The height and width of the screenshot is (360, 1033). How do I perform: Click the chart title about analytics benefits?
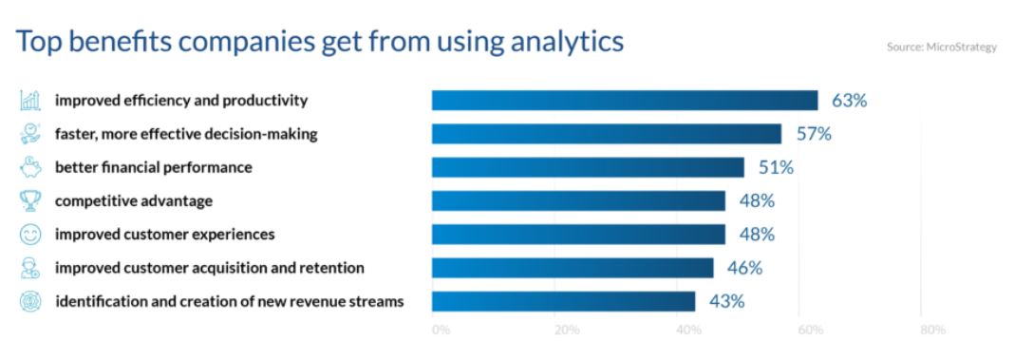click(x=320, y=41)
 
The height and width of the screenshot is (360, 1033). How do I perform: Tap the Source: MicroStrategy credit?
click(x=942, y=47)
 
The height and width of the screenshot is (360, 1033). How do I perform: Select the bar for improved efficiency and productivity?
click(x=625, y=101)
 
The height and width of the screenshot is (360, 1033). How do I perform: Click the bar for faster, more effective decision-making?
click(x=607, y=134)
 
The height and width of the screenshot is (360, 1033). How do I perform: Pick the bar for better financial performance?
click(x=589, y=167)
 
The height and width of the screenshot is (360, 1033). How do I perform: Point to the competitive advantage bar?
click(x=578, y=201)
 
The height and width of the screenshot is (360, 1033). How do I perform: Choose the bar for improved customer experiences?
click(x=578, y=234)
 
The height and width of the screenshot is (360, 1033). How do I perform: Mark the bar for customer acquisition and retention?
click(x=573, y=268)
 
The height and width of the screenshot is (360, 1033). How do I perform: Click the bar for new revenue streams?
click(x=563, y=301)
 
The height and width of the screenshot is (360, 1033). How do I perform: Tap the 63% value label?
click(x=849, y=101)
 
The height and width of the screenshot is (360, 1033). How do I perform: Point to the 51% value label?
click(x=776, y=167)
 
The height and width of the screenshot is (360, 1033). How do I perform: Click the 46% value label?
click(x=745, y=269)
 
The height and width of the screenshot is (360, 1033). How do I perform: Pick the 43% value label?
click(x=726, y=302)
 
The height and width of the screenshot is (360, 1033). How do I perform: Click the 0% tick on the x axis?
click(x=441, y=330)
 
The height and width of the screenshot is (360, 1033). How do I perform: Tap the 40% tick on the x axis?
click(x=688, y=330)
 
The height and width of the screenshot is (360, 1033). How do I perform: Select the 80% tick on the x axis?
click(x=933, y=330)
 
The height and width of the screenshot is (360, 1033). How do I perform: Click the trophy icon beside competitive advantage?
click(x=30, y=200)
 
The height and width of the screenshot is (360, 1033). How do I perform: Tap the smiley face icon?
click(x=30, y=234)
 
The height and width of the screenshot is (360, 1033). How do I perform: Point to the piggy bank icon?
click(x=30, y=167)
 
